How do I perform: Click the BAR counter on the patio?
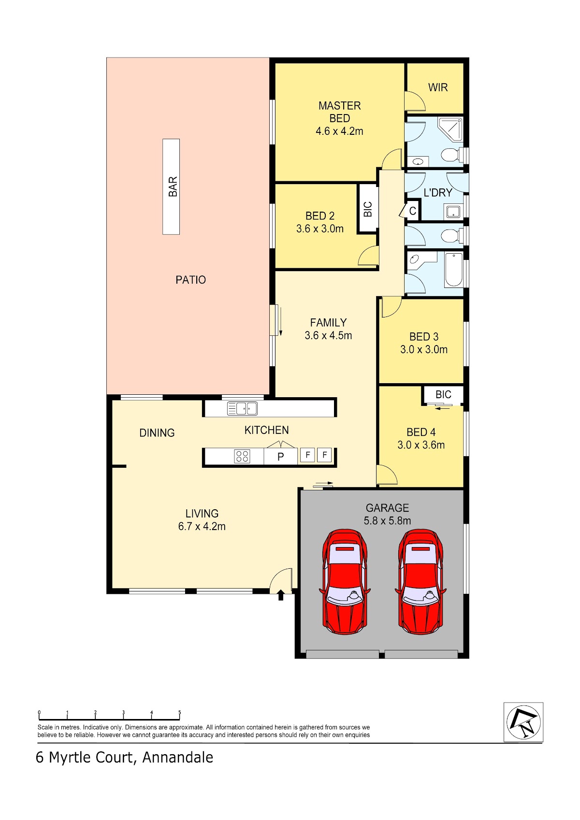pyautogui.click(x=171, y=187)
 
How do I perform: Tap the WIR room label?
pyautogui.click(x=437, y=87)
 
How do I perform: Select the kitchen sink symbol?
pyautogui.click(x=242, y=408)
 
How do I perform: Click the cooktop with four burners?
pyautogui.click(x=242, y=456)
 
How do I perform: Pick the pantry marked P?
pyautogui.click(x=280, y=457)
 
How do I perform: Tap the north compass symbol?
pyautogui.click(x=523, y=722)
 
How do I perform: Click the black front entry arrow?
pyautogui.click(x=281, y=595)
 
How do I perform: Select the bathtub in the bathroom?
pyautogui.click(x=454, y=270)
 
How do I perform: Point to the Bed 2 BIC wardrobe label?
pyautogui.click(x=368, y=209)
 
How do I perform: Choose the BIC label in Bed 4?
pyautogui.click(x=443, y=394)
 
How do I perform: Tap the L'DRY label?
pyautogui.click(x=437, y=192)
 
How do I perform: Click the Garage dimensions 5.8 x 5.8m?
pyautogui.click(x=387, y=520)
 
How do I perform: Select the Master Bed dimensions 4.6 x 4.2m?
pyautogui.click(x=339, y=131)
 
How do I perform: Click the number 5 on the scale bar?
pyautogui.click(x=179, y=712)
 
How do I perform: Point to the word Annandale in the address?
pyautogui.click(x=177, y=758)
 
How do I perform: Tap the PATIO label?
pyautogui.click(x=190, y=280)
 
